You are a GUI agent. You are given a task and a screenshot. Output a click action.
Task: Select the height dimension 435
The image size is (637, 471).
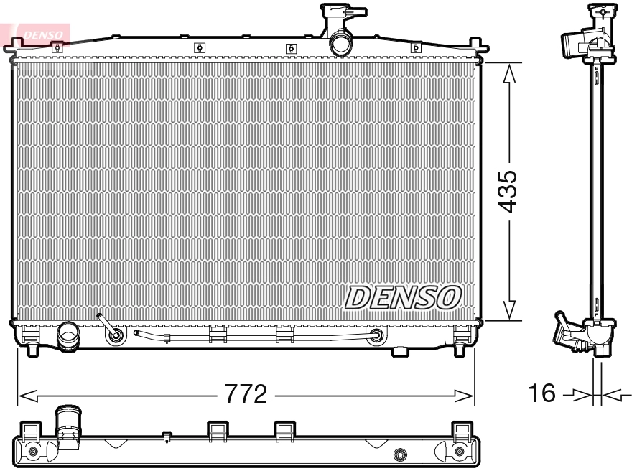coord(508,191)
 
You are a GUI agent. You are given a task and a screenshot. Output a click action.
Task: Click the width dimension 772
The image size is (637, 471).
coord(246,394)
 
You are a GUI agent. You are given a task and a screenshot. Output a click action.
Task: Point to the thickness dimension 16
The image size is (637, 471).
coord(544,393)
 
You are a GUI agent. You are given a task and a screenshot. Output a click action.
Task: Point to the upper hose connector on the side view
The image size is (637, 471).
coord(575,43)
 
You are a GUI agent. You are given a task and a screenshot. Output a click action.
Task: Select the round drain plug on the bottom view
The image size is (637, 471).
coord(401,454)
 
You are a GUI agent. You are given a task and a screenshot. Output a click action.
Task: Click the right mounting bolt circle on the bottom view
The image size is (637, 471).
coord(460,452)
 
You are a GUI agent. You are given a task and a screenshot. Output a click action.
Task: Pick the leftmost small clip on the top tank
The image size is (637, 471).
coord(57,47)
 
